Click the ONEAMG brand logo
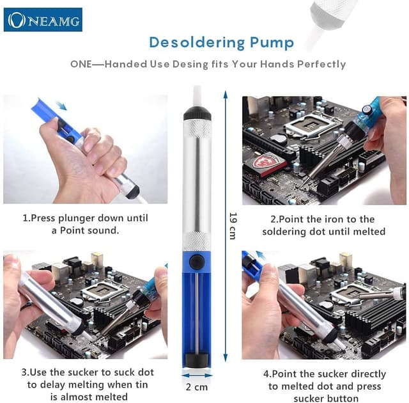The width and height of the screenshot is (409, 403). pyautogui.click(x=43, y=20)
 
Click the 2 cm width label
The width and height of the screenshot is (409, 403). pyautogui.click(x=197, y=387)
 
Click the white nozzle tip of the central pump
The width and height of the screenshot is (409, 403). pyautogui.click(x=197, y=95)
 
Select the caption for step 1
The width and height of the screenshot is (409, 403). pyautogui.click(x=85, y=224)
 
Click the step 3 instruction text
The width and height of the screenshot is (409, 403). pyautogui.click(x=86, y=384)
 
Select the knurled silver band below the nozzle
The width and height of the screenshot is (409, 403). pyautogui.click(x=197, y=129)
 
